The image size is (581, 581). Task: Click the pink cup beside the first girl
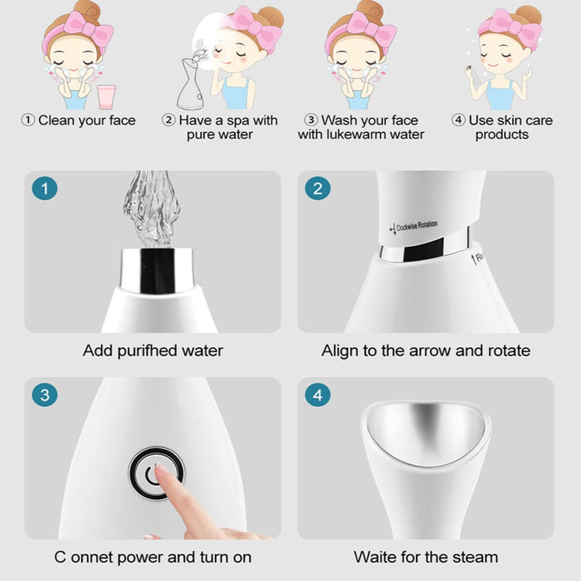tap(107, 96)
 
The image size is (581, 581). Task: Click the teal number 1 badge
tap(45, 188)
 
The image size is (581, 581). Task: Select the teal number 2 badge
tap(318, 188)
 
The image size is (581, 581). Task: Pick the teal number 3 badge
tap(45, 396)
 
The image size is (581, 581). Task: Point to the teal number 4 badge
tap(318, 396)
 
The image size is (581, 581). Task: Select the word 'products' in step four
tap(502, 135)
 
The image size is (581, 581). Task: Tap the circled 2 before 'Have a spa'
tap(168, 121)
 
